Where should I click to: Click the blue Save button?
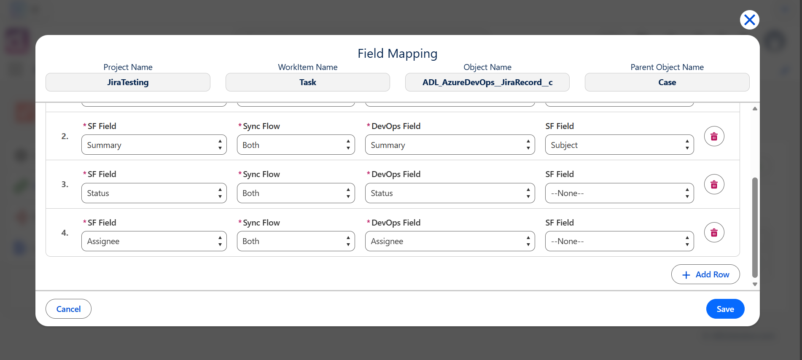[725, 309]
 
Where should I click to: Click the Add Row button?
[705, 274]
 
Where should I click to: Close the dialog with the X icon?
[750, 20]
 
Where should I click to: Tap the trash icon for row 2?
[714, 136]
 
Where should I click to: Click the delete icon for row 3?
[714, 184]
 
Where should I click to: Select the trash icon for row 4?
[714, 232]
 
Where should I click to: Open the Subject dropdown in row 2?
[619, 145]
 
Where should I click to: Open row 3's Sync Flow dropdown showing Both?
[296, 193]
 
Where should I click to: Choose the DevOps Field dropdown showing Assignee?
[450, 241]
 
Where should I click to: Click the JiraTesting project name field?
[128, 82]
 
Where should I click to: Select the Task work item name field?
[308, 82]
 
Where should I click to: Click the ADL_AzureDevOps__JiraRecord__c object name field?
[487, 82]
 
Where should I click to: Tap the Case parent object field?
[667, 82]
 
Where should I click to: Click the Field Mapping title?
[398, 54]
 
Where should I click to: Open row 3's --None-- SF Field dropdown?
[619, 193]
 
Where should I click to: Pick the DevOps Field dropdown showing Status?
[450, 193]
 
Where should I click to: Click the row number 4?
[65, 233]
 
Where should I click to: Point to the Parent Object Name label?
[667, 67]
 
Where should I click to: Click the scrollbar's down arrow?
[755, 285]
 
